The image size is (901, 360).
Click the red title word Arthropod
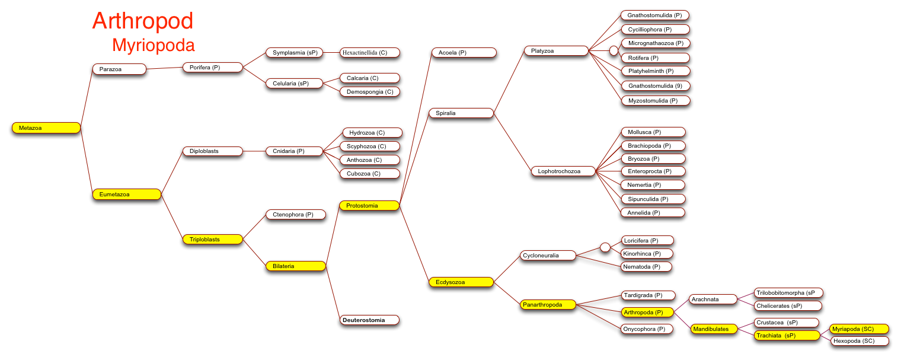coord(143,22)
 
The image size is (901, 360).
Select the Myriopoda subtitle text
coord(154,45)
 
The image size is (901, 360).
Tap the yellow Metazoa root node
coord(46,128)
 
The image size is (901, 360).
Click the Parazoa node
coord(119,69)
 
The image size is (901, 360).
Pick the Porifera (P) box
coord(213,68)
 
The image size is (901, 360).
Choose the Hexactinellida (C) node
coord(370,53)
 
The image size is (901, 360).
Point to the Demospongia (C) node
coord(370,92)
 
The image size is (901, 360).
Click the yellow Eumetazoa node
coord(127,195)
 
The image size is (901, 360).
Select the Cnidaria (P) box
coord(295,151)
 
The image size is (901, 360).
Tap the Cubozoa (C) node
coord(370,174)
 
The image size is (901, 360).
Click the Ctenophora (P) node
coord(296,214)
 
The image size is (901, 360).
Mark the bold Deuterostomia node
coord(369,320)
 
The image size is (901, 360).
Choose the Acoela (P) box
coord(464,53)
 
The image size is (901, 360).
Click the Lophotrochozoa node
coord(563,171)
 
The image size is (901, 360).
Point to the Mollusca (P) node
coord(653,132)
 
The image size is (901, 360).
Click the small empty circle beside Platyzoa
coord(614,50)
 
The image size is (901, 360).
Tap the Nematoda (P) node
coord(646,267)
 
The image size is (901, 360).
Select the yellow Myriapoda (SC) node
coord(859,329)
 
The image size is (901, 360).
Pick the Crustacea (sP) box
coord(787,323)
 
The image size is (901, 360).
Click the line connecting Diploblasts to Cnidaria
coord(254,151)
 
